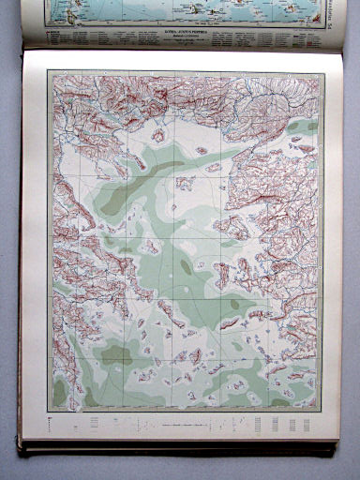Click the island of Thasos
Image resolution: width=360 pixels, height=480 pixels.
158,135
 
